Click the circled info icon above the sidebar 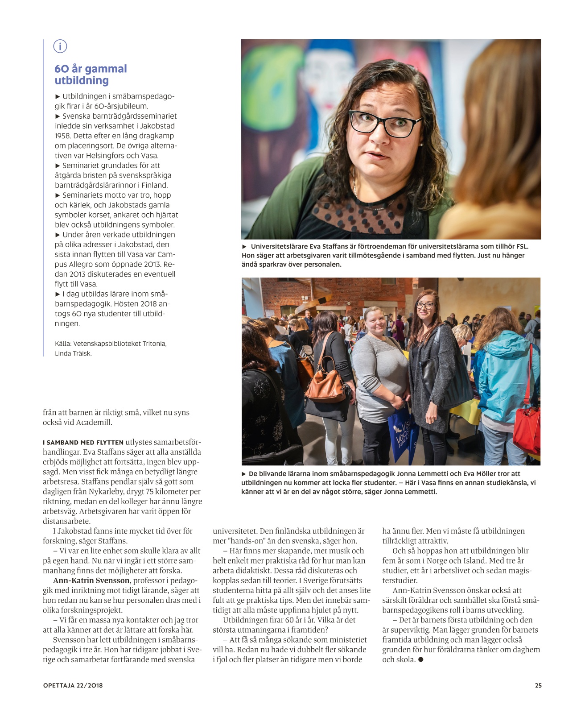[x=60, y=46]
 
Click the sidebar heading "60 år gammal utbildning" [x=91, y=75]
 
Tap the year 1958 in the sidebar [x=63, y=136]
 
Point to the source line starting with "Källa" [x=111, y=344]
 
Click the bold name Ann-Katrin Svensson [x=91, y=580]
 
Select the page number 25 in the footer [x=538, y=685]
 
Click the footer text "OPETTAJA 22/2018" [x=73, y=685]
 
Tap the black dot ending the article [x=420, y=659]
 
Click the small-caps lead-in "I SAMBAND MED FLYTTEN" [x=83, y=443]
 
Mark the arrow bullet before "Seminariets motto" [x=58, y=195]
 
